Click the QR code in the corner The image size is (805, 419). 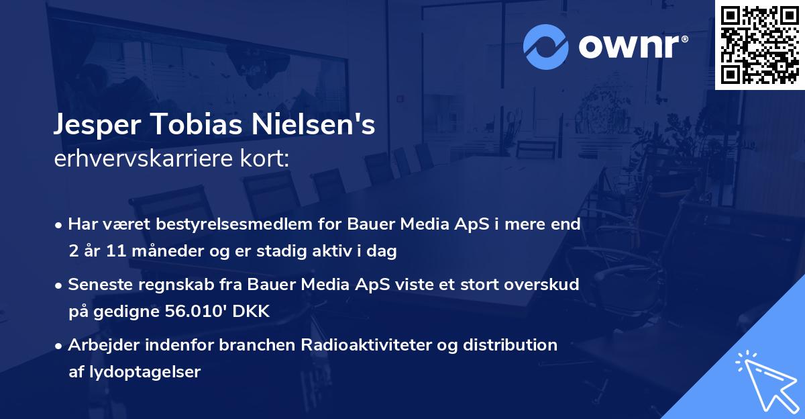pyautogui.click(x=760, y=44)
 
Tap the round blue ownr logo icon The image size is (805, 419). pyautogui.click(x=546, y=46)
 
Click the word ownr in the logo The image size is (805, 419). pyautogui.click(x=629, y=46)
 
